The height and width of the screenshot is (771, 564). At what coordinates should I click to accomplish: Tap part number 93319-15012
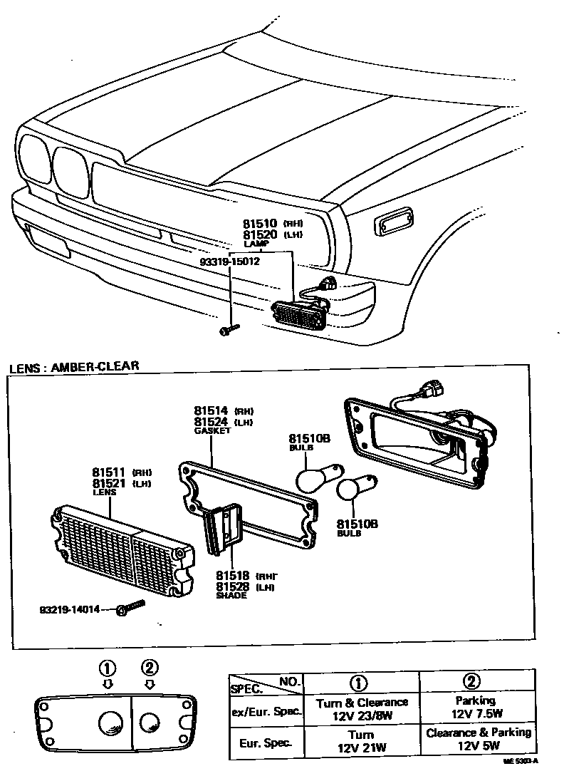229,261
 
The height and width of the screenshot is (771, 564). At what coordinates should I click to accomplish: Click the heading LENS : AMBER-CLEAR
74,367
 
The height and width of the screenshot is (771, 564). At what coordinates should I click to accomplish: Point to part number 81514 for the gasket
210,411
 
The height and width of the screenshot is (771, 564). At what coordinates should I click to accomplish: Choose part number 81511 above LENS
108,472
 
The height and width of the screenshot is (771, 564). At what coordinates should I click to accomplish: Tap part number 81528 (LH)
232,586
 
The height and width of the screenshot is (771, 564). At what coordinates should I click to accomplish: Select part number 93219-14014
69,610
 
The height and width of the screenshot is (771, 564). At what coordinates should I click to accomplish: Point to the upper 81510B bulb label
308,439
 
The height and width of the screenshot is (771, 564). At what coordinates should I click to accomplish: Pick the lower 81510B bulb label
357,524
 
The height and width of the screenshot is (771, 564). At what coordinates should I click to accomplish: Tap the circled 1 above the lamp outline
107,668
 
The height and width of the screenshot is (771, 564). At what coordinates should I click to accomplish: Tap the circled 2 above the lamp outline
149,668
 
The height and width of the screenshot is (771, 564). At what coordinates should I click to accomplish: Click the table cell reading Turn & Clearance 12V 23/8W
361,708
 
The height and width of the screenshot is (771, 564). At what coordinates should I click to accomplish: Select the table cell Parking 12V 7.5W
476,707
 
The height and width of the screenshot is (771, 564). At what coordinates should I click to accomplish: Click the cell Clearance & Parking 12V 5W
478,739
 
